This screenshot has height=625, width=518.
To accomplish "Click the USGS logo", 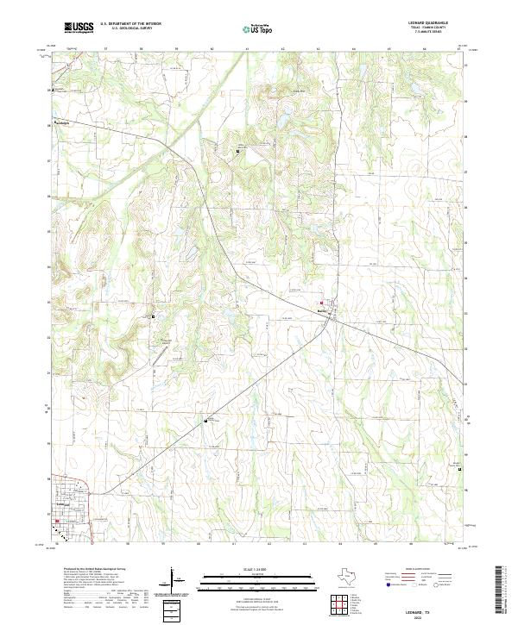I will coord(79,28).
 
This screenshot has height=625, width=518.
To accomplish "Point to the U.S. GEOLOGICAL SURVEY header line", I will coord(131,28).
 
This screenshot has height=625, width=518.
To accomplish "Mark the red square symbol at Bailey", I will coord(322,303).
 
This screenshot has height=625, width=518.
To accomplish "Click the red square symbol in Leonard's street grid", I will coord(58,521).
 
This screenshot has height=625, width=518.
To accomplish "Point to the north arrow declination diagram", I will coord(174,579).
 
